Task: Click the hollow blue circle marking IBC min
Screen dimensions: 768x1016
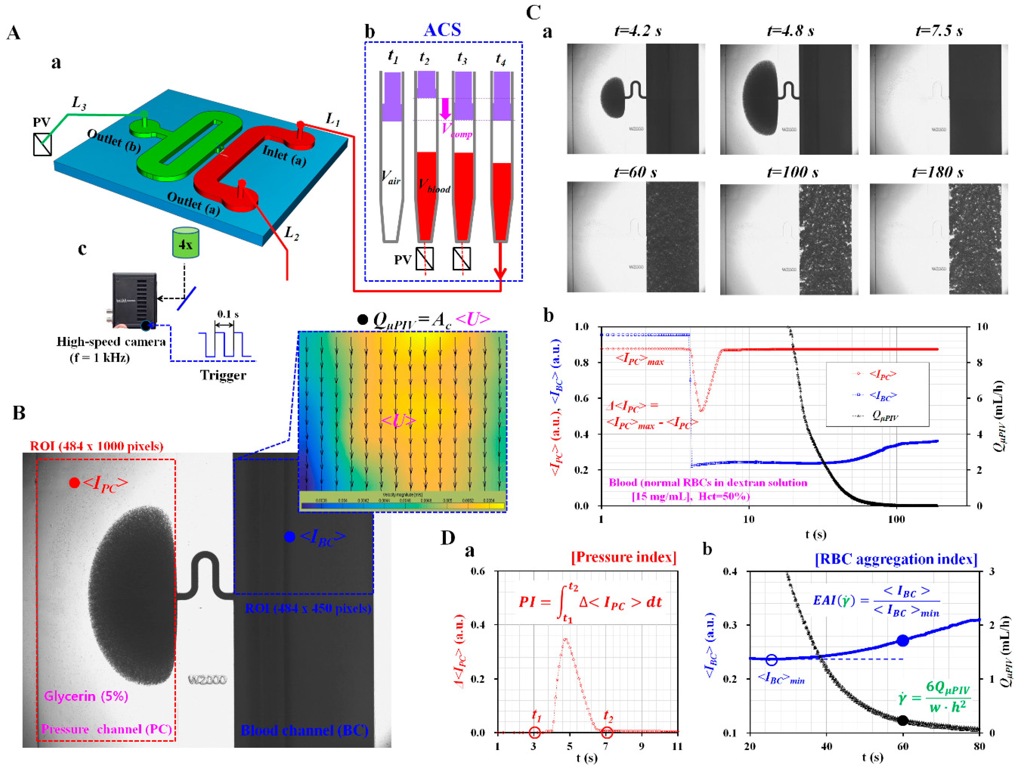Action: point(772,660)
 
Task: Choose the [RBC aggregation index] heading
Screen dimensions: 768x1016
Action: point(896,559)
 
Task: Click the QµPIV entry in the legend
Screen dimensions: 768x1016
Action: point(884,416)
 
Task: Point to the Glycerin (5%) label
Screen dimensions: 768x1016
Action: point(86,696)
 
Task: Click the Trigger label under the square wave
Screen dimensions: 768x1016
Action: point(223,375)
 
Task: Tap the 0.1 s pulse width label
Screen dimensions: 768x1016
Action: point(228,315)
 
